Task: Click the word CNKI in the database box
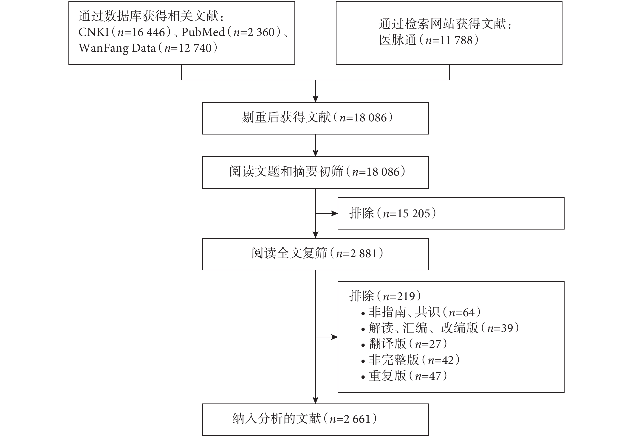[94, 32]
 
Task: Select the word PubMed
[203, 32]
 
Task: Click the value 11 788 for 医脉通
[456, 40]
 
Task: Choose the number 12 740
[195, 48]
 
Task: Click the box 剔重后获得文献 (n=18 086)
[315, 118]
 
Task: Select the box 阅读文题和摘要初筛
[315, 173]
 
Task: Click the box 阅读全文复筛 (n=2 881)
[315, 254]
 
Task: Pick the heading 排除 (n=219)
[385, 296]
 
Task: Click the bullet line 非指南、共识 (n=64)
[421, 312]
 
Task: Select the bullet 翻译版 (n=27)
[404, 344]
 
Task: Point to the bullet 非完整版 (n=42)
[410, 360]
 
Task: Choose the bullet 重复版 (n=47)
[404, 376]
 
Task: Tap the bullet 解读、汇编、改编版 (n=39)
[440, 328]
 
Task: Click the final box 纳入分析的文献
[315, 420]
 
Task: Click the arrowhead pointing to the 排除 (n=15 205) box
[335, 213]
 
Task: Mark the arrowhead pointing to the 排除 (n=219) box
[335, 337]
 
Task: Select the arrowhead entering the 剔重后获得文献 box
[315, 99]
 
